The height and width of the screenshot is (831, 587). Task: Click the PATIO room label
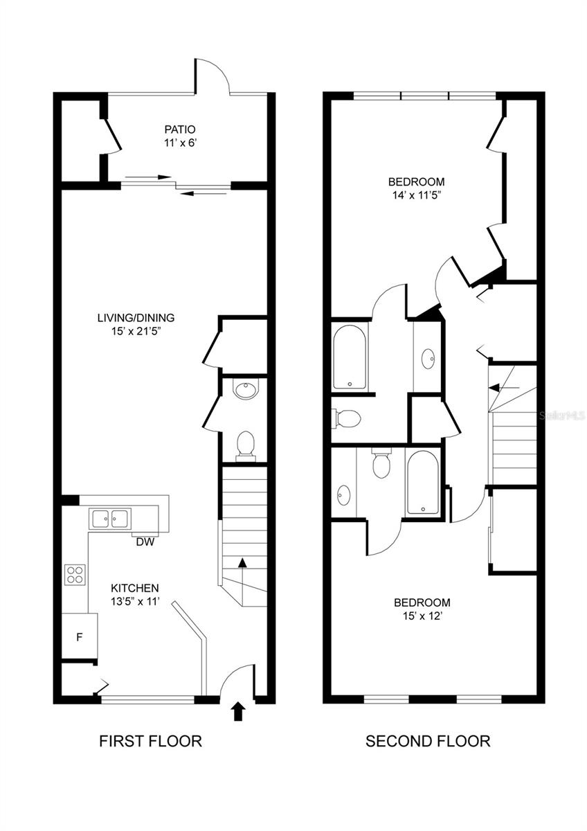pyautogui.click(x=180, y=129)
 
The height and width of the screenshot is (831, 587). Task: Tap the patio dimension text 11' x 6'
pyautogui.click(x=180, y=144)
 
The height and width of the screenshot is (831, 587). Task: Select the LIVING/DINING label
pyautogui.click(x=136, y=318)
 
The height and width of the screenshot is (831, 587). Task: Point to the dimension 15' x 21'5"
pyautogui.click(x=136, y=332)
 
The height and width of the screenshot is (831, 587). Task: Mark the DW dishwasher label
pyautogui.click(x=145, y=542)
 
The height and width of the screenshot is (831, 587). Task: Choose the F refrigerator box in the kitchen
pyautogui.click(x=79, y=637)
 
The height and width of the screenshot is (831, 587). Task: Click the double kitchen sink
pyautogui.click(x=110, y=518)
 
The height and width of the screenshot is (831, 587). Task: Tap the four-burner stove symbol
pyautogui.click(x=75, y=574)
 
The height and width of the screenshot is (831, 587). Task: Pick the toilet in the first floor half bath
pyautogui.click(x=245, y=444)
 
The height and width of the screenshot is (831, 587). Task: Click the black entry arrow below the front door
pyautogui.click(x=238, y=711)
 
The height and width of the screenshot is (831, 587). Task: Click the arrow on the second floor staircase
pyautogui.click(x=497, y=388)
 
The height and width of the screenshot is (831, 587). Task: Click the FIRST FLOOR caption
pyautogui.click(x=150, y=741)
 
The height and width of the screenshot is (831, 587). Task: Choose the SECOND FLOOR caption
pyautogui.click(x=428, y=741)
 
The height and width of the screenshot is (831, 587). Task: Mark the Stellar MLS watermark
pyautogui.click(x=561, y=416)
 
